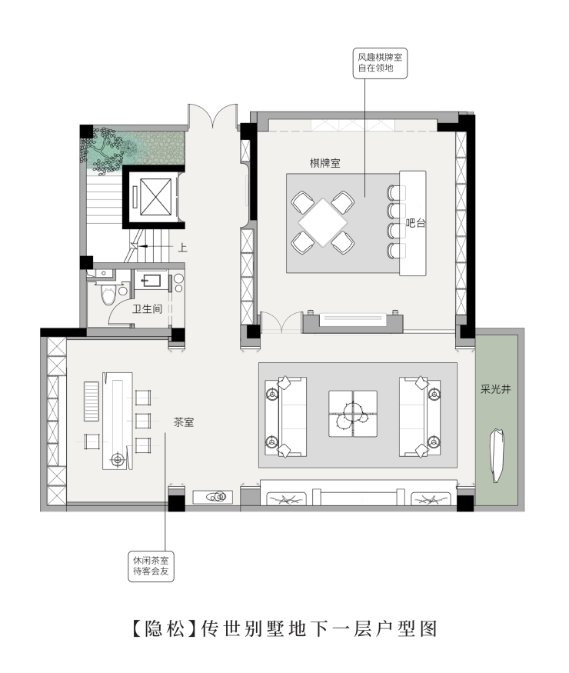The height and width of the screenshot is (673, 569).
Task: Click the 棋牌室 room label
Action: click(x=324, y=163)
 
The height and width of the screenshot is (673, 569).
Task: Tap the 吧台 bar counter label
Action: click(x=415, y=223)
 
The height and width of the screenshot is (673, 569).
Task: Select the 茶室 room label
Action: click(x=184, y=422)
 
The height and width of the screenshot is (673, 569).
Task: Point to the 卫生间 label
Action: click(x=147, y=308)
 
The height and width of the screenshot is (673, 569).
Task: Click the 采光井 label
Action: click(x=496, y=389)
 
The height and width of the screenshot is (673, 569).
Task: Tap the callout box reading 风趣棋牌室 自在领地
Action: click(x=380, y=64)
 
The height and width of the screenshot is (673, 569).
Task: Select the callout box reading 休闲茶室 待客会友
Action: click(x=151, y=567)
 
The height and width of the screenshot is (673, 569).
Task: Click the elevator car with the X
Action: click(x=155, y=197)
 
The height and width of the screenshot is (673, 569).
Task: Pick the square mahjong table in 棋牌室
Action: click(x=323, y=223)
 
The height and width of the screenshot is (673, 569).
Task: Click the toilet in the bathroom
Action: click(x=108, y=295)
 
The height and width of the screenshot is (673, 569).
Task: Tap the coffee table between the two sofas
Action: click(x=353, y=413)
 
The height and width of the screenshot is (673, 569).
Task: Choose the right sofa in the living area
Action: click(x=420, y=416)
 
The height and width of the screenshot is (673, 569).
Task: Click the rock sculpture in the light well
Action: click(x=497, y=455)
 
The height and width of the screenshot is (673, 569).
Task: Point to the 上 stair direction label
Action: click(x=183, y=248)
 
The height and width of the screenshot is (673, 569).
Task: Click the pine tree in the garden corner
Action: click(x=105, y=149)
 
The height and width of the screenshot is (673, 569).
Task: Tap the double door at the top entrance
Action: click(x=212, y=115)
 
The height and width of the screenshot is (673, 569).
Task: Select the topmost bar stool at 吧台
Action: click(x=396, y=193)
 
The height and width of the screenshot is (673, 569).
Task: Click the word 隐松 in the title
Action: click(x=165, y=629)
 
